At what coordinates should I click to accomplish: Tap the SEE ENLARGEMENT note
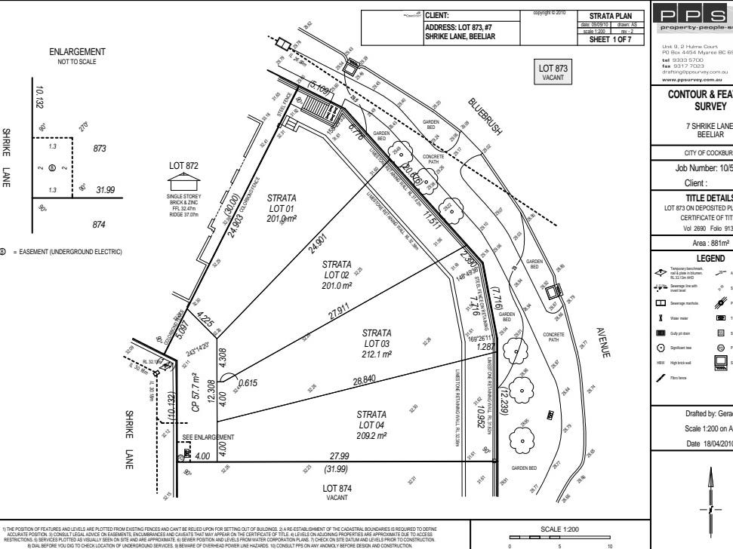(x=209, y=437)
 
